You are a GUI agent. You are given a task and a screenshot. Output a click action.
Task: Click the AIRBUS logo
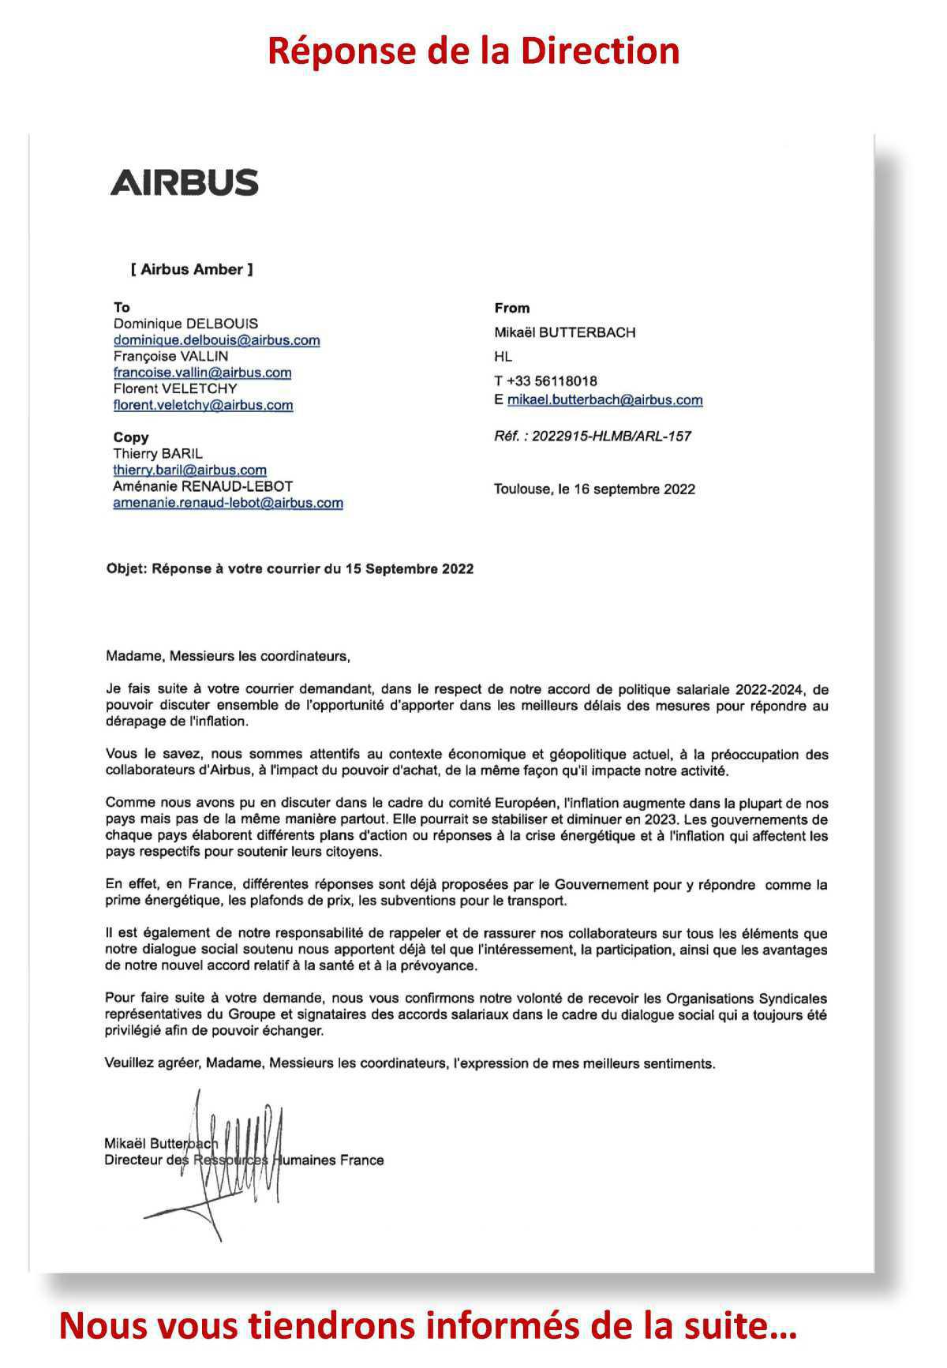click(x=184, y=182)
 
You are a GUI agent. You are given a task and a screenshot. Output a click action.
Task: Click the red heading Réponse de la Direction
click(x=473, y=51)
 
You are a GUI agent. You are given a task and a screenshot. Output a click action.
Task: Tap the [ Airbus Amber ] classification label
click(x=192, y=269)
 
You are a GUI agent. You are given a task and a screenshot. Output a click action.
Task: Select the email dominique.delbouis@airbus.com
click(x=216, y=340)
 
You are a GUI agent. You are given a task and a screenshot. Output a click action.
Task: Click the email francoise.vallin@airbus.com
click(x=202, y=373)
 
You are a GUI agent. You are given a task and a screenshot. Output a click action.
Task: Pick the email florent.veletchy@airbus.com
click(x=203, y=405)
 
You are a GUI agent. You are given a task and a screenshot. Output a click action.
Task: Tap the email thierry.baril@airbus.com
click(x=189, y=470)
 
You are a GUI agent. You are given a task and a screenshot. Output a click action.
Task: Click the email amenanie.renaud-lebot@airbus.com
click(x=227, y=503)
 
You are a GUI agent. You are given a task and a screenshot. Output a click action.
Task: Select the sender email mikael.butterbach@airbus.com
click(x=605, y=399)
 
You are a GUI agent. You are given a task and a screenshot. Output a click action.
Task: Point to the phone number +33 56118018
click(x=552, y=381)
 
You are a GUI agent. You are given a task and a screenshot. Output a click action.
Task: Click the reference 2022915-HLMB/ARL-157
click(x=612, y=436)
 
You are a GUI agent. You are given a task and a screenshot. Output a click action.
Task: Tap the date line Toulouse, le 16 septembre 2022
click(x=594, y=489)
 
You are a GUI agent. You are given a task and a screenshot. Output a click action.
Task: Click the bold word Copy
click(x=131, y=437)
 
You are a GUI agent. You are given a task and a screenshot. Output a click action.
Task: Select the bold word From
click(x=511, y=308)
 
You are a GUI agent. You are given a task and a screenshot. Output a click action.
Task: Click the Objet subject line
click(x=290, y=569)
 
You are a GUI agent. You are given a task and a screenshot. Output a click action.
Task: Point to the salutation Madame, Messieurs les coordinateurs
click(x=227, y=656)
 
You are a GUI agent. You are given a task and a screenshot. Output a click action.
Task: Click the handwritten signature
click(x=237, y=1160)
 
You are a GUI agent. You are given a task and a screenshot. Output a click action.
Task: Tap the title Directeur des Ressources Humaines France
click(x=244, y=1160)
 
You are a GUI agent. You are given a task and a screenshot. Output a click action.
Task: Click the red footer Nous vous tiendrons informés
click(x=427, y=1325)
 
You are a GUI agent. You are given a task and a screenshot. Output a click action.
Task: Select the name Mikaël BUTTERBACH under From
click(x=564, y=332)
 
